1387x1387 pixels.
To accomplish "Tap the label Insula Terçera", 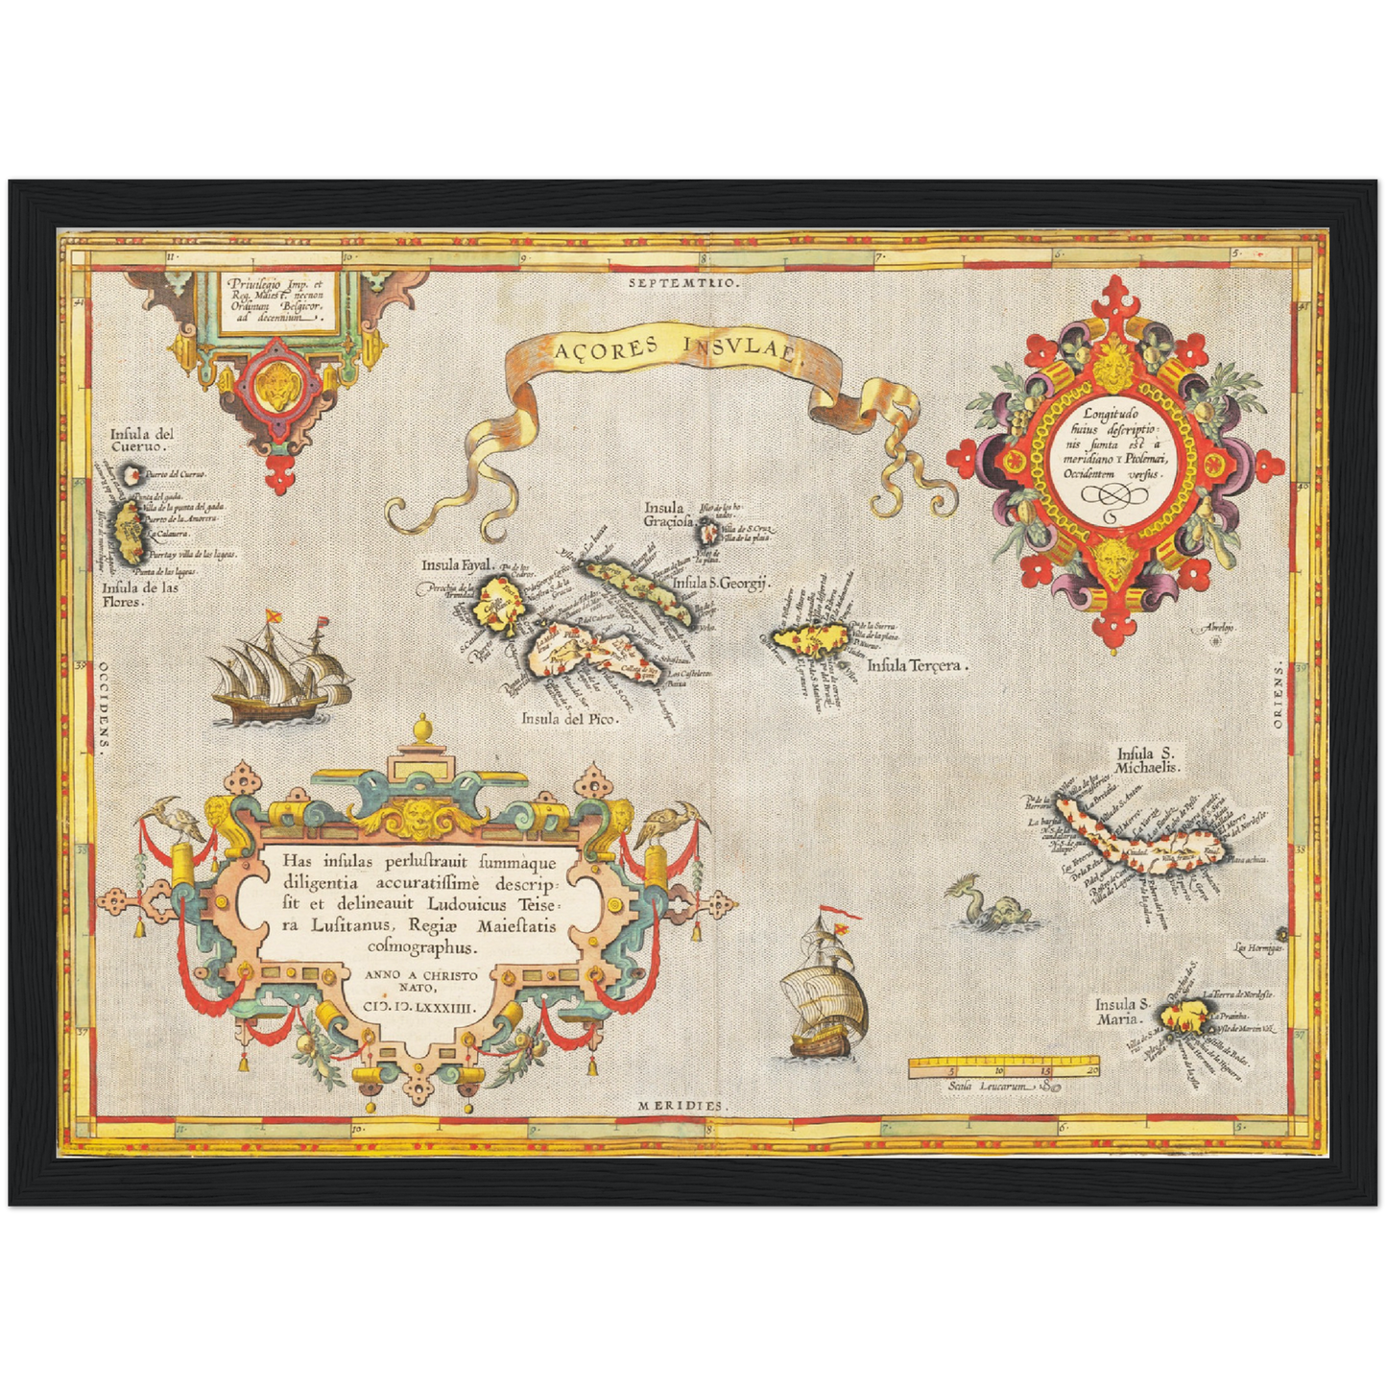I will pos(918,664).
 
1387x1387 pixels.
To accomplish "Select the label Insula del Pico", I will pos(570,718).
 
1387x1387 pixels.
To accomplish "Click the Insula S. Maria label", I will pos(1121,1011).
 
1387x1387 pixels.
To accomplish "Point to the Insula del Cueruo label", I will pos(140,440).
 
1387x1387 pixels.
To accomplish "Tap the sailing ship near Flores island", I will pos(278,670).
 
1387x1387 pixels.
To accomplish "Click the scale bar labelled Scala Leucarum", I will pos(1004,1067).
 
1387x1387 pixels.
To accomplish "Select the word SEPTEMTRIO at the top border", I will pos(684,283).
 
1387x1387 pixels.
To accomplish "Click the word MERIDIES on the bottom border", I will pos(680,1106).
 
